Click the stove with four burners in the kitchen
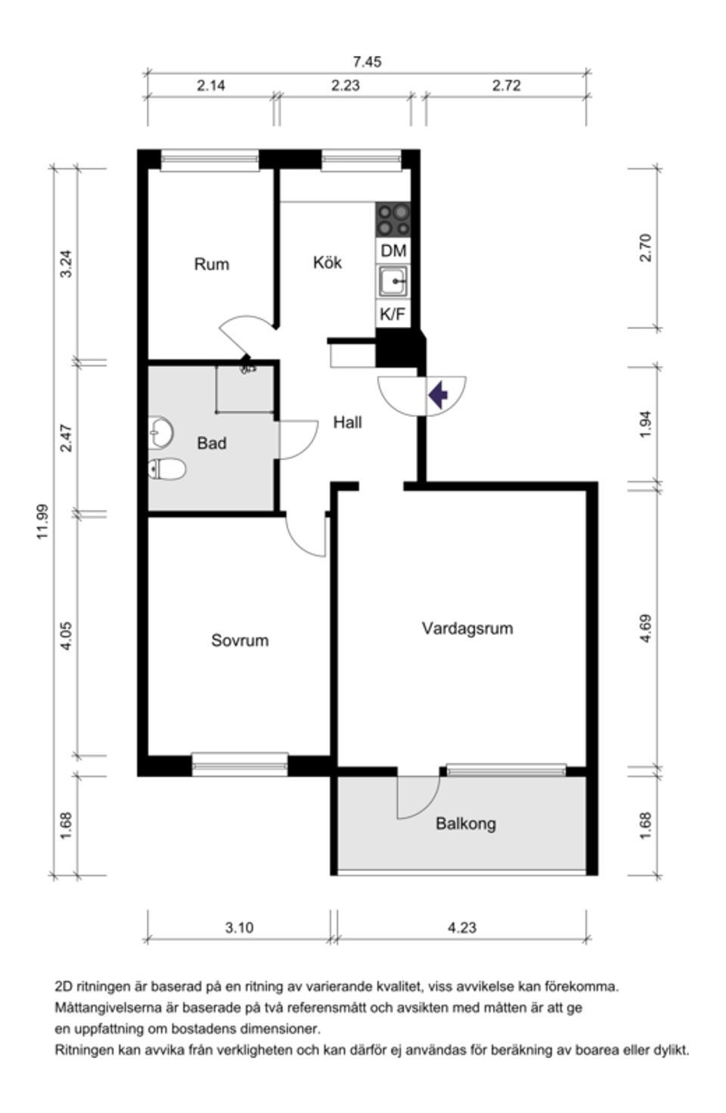click(393, 219)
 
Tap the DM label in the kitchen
click(393, 250)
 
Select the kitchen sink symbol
click(393, 281)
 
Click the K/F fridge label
click(392, 314)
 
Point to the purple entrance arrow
click(438, 394)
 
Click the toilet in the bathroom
click(167, 470)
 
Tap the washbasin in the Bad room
click(161, 433)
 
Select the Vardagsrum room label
click(467, 628)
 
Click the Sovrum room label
click(240, 640)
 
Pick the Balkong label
click(465, 823)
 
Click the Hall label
click(347, 422)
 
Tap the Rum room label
click(211, 264)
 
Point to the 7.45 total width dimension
click(367, 62)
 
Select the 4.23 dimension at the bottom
click(461, 927)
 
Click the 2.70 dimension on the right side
click(645, 248)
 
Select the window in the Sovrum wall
click(240, 764)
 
